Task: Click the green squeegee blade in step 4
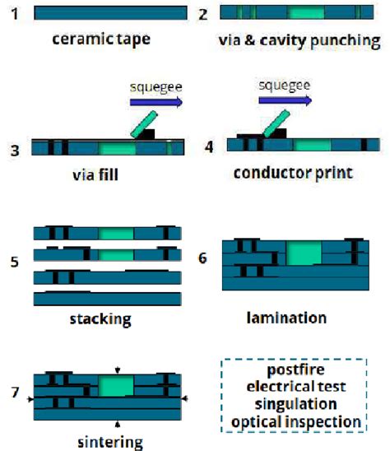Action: click(274, 121)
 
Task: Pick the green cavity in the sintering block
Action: click(115, 385)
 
